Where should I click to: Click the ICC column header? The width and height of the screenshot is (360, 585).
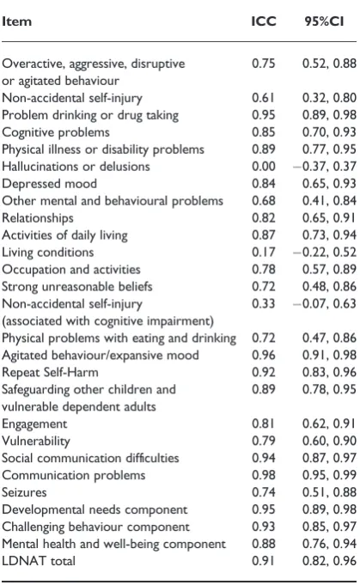click(264, 21)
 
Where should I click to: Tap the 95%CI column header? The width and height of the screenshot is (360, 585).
click(324, 21)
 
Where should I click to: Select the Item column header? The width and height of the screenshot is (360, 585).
click(17, 21)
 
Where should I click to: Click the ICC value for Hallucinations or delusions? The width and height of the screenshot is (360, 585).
click(264, 166)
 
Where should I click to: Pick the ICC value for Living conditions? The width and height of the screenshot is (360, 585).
click(264, 252)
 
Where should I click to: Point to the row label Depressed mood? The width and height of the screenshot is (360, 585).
click(49, 184)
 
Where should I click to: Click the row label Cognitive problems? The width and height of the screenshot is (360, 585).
click(56, 132)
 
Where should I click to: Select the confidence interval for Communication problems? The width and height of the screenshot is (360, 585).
click(329, 475)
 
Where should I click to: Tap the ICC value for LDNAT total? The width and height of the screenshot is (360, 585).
click(264, 561)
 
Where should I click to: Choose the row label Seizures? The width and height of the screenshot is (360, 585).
click(24, 492)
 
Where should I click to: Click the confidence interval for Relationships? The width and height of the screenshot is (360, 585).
click(329, 217)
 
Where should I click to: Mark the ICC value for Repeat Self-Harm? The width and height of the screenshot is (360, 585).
click(264, 372)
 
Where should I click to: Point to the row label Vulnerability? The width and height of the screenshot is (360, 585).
click(36, 441)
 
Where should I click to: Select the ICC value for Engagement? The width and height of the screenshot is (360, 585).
click(264, 424)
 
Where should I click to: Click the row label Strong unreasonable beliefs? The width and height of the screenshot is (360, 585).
click(77, 287)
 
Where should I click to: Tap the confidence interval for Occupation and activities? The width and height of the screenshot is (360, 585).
click(329, 269)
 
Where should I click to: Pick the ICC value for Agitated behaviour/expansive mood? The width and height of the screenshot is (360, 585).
click(264, 355)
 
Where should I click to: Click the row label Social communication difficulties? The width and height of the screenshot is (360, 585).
click(91, 458)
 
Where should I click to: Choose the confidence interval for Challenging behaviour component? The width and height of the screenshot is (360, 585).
click(329, 527)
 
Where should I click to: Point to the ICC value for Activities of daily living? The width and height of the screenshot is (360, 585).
click(264, 235)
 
